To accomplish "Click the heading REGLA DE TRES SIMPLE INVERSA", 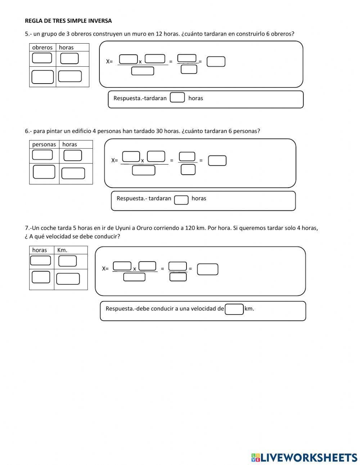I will pyautogui.click(x=68, y=21).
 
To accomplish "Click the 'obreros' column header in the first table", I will pyautogui.click(x=42, y=48).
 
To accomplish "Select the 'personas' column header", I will pyautogui.click(x=44, y=144).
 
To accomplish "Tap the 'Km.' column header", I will pyautogui.click(x=62, y=250).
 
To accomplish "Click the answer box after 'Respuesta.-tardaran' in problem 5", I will pyautogui.click(x=177, y=98).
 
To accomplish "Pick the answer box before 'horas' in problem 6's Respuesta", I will pyautogui.click(x=181, y=200).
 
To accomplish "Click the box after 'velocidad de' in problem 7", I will pyautogui.click(x=234, y=309).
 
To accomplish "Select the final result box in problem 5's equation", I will pyautogui.click(x=216, y=62).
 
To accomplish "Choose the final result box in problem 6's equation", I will pyautogui.click(x=217, y=161).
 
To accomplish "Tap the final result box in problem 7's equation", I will pyautogui.click(x=208, y=269).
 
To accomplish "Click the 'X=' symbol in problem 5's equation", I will pyautogui.click(x=109, y=62).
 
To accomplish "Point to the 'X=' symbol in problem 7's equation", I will pyautogui.click(x=105, y=269).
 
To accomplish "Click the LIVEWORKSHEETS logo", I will pyautogui.click(x=304, y=457).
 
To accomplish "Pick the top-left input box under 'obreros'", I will pyautogui.click(x=42, y=58).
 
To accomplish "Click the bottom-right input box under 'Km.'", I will pyautogui.click(x=68, y=279).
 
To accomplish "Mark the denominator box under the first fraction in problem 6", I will pyautogui.click(x=143, y=170).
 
